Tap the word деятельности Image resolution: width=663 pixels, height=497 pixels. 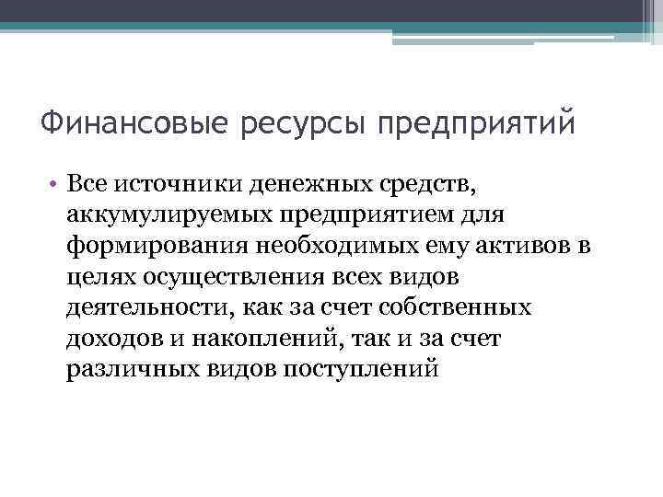(x=143, y=306)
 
